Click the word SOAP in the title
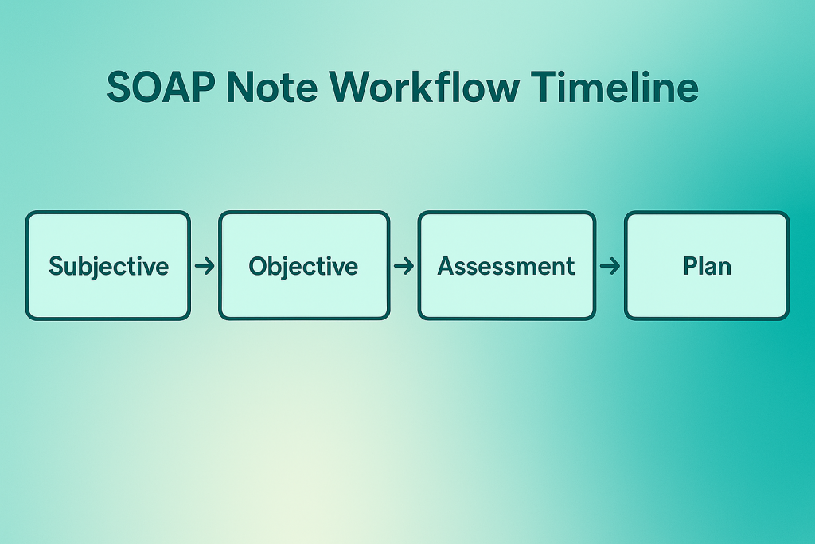pos(161,87)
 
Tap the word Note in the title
pos(272,87)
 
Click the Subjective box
pos(108,265)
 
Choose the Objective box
pos(304,265)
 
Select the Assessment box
pos(507,265)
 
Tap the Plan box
pos(707,265)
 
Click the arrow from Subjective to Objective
pos(205,266)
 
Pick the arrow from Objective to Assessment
pos(404,266)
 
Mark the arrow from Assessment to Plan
pos(610,266)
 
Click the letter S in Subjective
pos(57,266)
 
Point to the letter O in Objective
pos(259,266)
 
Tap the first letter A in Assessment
pos(446,266)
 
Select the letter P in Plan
pos(691,266)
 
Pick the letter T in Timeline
pos(544,87)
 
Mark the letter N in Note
pos(240,87)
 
